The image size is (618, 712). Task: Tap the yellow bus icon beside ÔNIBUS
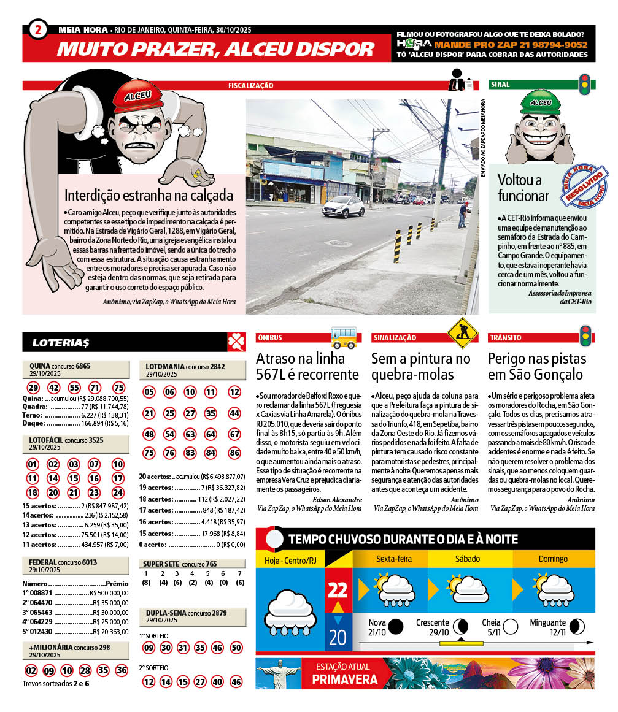[x=344, y=337]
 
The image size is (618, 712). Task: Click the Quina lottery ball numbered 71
[x=95, y=388]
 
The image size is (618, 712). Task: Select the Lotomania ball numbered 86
[x=234, y=453]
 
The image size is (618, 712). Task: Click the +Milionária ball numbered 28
[x=85, y=670]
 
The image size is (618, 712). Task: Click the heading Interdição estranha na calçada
[x=149, y=196]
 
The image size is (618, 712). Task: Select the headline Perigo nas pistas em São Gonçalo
[x=537, y=366]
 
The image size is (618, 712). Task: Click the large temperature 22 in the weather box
[x=338, y=590]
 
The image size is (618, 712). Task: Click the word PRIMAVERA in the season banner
[x=344, y=679]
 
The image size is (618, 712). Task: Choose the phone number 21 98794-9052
[x=541, y=45]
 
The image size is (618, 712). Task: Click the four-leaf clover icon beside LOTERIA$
[x=236, y=342]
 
